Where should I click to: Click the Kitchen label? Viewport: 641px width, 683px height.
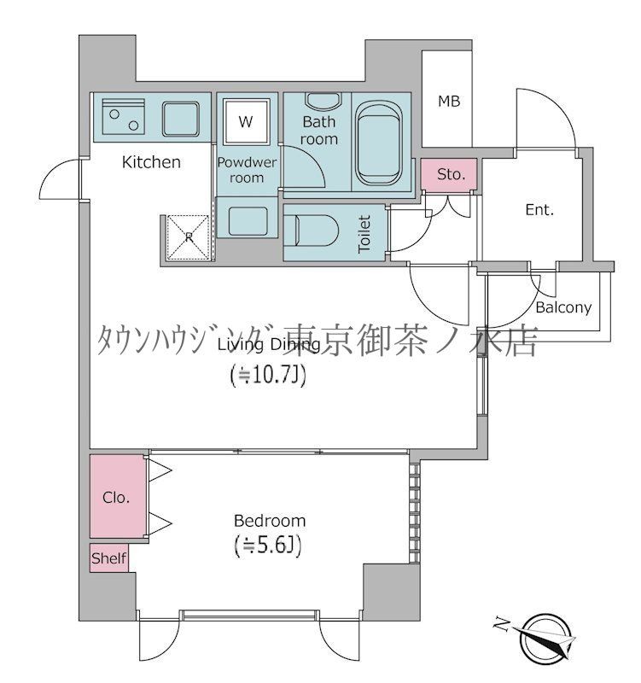point(151,161)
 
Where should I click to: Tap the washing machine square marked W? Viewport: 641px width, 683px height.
point(246,122)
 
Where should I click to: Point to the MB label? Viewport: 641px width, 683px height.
point(449,102)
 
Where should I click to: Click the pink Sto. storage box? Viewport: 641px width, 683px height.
point(451,174)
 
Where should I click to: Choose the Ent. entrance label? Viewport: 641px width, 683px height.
point(539,209)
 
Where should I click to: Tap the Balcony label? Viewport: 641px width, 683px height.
point(563,307)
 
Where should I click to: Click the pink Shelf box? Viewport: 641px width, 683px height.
point(109,559)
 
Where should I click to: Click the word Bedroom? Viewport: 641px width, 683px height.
point(269,520)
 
